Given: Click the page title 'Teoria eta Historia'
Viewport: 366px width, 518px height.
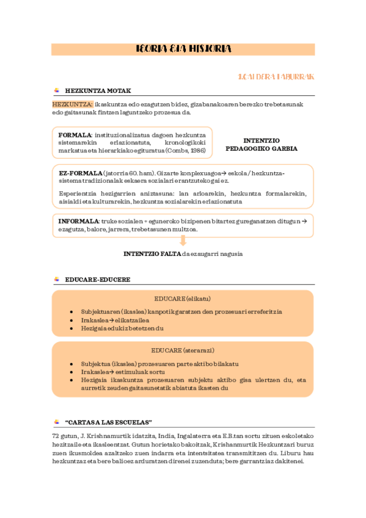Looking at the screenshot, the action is [x=183, y=49].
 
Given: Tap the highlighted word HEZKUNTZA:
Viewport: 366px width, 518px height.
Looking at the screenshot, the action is [x=73, y=104].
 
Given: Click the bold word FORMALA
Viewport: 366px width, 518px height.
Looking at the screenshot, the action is [x=75, y=134].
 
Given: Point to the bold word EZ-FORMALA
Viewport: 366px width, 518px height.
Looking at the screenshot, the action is [x=80, y=173].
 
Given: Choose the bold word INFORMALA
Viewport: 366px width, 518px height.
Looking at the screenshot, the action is [x=78, y=221].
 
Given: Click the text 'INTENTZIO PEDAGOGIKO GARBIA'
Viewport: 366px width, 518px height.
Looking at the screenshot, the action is [x=262, y=144].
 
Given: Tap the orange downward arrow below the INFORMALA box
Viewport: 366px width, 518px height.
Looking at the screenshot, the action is [x=183, y=241].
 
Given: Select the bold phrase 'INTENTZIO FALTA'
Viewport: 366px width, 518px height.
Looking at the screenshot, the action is [x=152, y=254].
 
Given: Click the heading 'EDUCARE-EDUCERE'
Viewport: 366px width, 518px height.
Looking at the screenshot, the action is [x=97, y=279].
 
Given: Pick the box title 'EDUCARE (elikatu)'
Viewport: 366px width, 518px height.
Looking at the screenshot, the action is [x=182, y=299].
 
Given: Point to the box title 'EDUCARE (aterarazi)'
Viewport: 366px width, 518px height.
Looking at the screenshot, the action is [x=182, y=350].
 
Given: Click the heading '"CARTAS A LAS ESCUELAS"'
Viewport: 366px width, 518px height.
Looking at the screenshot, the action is [x=108, y=422].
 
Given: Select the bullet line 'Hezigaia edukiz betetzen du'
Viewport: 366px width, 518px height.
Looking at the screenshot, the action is [x=122, y=328].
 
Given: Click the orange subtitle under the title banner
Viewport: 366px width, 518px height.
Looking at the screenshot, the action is [x=276, y=77].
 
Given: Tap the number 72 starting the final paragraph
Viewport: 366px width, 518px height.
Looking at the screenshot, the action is [x=56, y=436].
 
